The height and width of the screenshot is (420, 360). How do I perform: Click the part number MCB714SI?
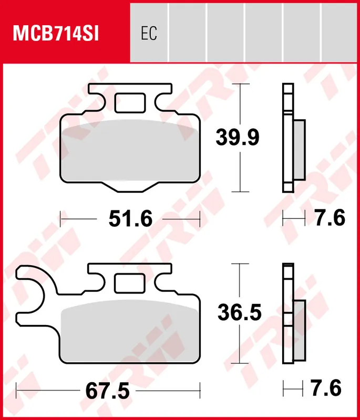(56, 34)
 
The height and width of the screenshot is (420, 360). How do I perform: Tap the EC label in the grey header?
(149, 34)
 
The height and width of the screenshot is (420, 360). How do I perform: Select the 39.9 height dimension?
(238, 138)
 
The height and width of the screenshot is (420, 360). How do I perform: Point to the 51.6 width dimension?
(130, 218)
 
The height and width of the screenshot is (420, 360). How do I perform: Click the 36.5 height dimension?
(239, 312)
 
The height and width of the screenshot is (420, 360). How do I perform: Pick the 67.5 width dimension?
(108, 391)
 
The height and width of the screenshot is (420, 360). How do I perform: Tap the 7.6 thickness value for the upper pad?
(330, 217)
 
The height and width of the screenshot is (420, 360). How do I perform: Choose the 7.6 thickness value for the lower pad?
(326, 387)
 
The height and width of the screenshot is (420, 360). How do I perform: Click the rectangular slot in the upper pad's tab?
(130, 103)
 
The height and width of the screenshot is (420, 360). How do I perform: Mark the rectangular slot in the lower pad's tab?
(130, 283)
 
